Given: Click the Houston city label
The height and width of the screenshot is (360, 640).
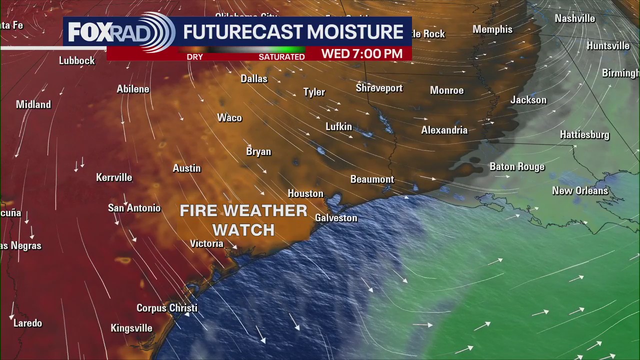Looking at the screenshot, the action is (x=305, y=193).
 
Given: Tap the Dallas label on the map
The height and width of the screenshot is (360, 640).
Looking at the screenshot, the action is (x=254, y=79).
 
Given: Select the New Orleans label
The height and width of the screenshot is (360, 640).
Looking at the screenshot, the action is (x=580, y=190).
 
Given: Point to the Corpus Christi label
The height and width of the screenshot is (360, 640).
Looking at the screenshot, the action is (x=167, y=308).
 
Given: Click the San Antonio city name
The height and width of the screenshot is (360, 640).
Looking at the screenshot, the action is (x=134, y=208).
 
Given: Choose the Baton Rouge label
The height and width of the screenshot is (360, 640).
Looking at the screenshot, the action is (x=517, y=166).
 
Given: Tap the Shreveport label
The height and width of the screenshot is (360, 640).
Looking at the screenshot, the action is (x=379, y=88).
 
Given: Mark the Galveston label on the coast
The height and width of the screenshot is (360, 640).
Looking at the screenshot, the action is (x=336, y=218).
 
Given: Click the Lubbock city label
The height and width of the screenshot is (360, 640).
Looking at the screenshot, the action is (x=77, y=60).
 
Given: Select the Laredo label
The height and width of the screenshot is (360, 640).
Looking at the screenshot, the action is (x=28, y=323).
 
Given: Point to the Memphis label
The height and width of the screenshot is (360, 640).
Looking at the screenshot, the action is (x=492, y=29).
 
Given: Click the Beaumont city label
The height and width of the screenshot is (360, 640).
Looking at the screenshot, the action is (x=372, y=179).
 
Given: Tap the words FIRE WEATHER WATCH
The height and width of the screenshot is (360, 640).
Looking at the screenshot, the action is (x=243, y=220).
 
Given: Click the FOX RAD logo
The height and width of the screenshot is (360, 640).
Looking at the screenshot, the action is (x=120, y=32).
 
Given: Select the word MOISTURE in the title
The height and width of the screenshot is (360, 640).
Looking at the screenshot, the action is (x=356, y=32).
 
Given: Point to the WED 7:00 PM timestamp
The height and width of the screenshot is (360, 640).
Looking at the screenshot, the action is (x=361, y=54).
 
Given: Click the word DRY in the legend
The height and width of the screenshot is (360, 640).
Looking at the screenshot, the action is (x=194, y=57).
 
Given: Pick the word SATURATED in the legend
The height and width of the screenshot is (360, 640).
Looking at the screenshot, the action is (x=281, y=57).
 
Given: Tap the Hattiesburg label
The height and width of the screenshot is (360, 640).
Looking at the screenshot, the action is (x=584, y=135).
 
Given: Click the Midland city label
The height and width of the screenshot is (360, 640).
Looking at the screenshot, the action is (x=33, y=104).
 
